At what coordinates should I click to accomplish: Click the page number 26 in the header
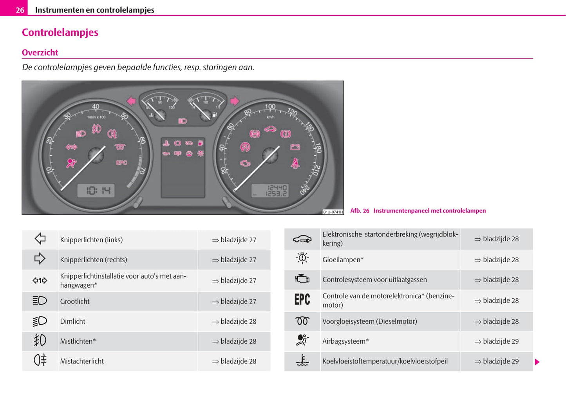[x=20, y=10]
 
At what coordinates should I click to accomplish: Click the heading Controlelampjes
[x=60, y=32]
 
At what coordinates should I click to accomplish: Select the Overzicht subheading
[x=40, y=52]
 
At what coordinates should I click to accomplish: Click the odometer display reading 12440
[x=277, y=187]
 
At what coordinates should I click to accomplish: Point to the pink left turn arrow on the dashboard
[x=131, y=101]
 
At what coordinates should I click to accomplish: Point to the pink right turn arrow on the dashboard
[x=234, y=101]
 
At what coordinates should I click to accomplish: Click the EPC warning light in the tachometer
[x=121, y=162]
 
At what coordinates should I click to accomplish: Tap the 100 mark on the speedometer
[x=270, y=106]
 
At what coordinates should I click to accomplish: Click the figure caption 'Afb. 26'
[x=360, y=211]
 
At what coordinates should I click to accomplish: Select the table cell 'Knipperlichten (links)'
[x=91, y=240]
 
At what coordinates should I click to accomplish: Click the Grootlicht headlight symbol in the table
[x=40, y=301]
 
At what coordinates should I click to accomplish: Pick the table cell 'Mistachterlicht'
[x=82, y=361]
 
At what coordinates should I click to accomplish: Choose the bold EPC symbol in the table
[x=302, y=300]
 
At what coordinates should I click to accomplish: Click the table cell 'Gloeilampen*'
[x=343, y=259]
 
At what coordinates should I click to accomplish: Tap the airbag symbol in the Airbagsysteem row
[x=302, y=340]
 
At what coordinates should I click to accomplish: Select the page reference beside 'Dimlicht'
[x=234, y=321]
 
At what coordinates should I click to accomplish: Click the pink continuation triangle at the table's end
[x=537, y=362]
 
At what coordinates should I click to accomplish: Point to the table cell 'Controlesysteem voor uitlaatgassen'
[x=374, y=280]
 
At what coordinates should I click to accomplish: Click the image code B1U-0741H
[x=333, y=212]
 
